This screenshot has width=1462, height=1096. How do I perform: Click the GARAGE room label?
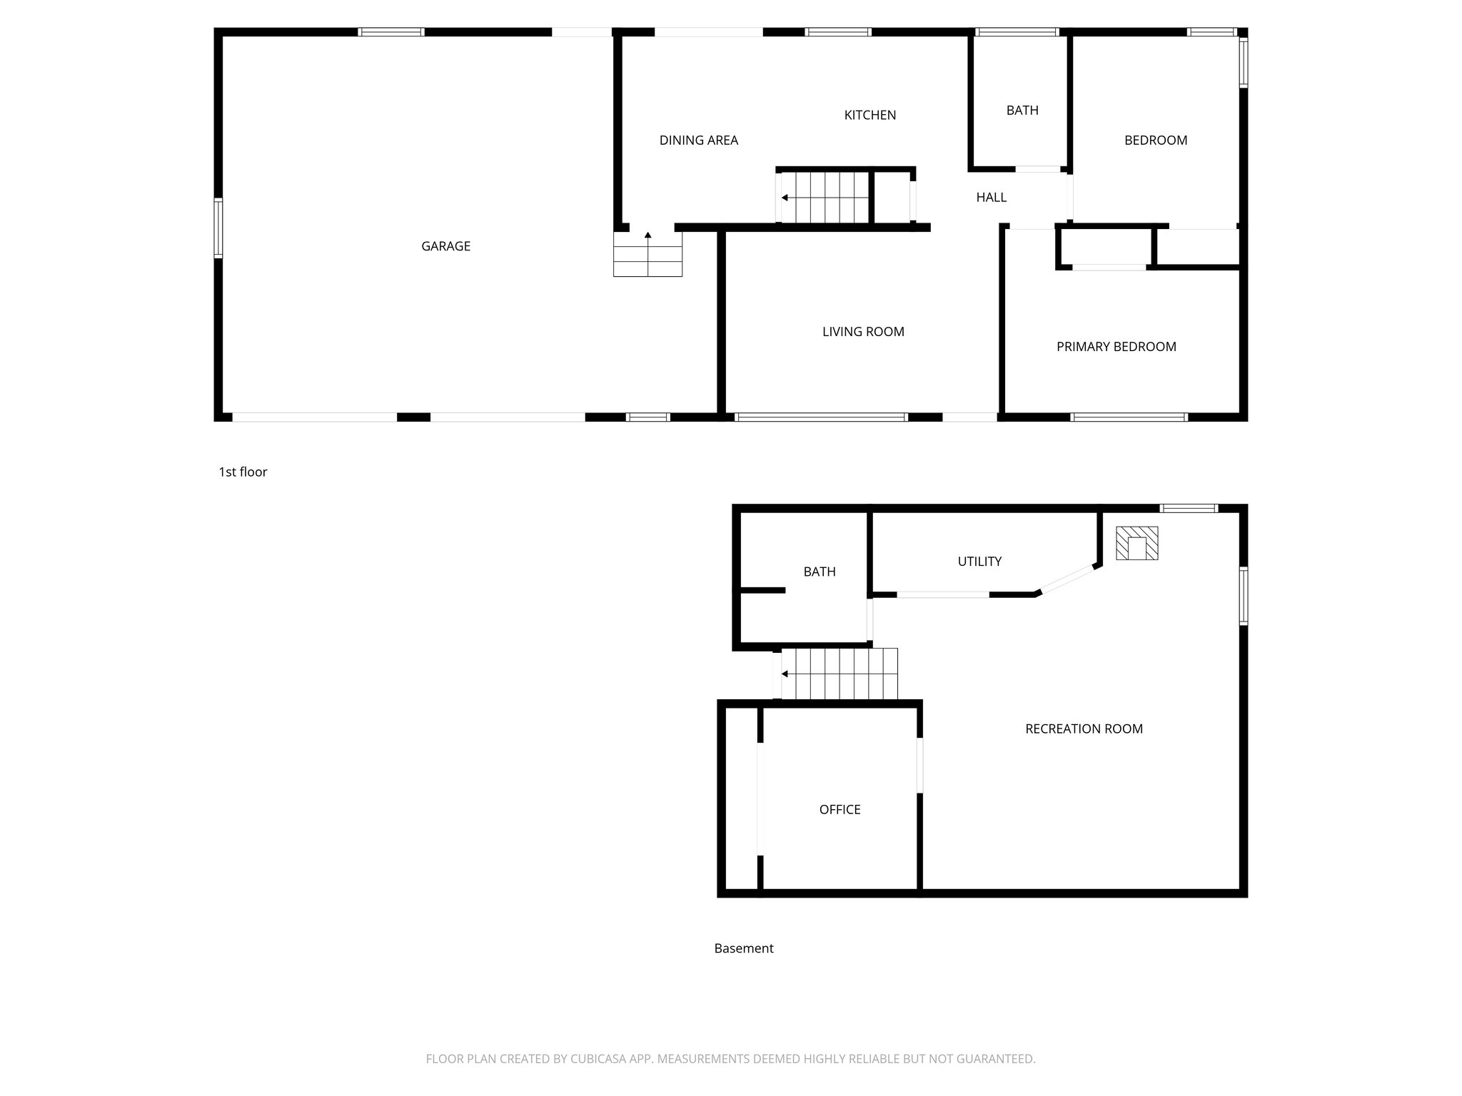click(x=445, y=246)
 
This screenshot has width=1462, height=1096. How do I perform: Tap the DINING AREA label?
click(x=698, y=141)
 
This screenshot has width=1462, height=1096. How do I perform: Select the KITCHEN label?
click(x=869, y=115)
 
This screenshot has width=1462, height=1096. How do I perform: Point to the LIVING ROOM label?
click(x=863, y=332)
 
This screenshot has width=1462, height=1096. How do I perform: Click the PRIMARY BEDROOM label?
click(x=1116, y=347)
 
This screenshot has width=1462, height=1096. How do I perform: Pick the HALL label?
click(x=991, y=198)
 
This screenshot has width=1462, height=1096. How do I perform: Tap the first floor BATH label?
click(x=1022, y=111)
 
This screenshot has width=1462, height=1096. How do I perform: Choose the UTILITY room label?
click(x=979, y=562)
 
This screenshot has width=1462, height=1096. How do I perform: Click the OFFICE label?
click(x=840, y=809)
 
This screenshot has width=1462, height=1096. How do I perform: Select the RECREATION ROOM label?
click(x=1084, y=729)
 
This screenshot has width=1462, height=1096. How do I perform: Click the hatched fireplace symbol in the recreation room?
click(x=1136, y=543)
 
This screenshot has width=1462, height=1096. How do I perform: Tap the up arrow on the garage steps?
click(x=647, y=235)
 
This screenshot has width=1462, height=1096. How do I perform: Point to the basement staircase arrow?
click(x=785, y=674)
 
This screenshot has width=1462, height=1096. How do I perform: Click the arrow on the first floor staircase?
click(x=785, y=198)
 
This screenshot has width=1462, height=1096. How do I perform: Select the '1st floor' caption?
click(x=243, y=472)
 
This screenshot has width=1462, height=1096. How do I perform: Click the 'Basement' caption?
click(x=744, y=948)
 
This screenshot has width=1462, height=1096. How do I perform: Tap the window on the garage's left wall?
click(x=218, y=228)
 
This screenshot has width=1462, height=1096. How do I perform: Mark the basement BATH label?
click(x=819, y=572)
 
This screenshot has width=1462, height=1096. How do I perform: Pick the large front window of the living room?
click(x=821, y=417)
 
